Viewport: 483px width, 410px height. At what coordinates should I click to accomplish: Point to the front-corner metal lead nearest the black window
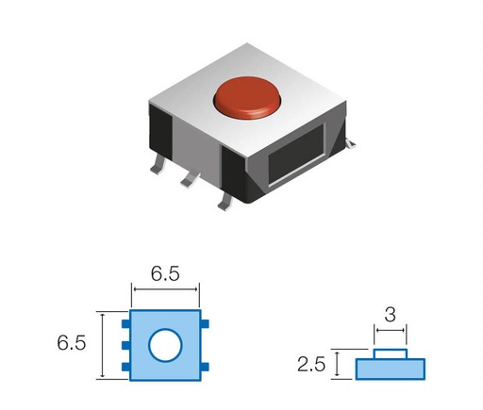pos(225,201)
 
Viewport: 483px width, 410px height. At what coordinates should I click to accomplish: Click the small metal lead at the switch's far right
pos(350,142)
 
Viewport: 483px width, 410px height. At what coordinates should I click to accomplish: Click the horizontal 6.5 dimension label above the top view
pos(166,274)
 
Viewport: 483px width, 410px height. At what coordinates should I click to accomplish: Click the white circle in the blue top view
pos(166,345)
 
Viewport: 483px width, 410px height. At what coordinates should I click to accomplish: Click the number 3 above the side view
pos(391,314)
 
